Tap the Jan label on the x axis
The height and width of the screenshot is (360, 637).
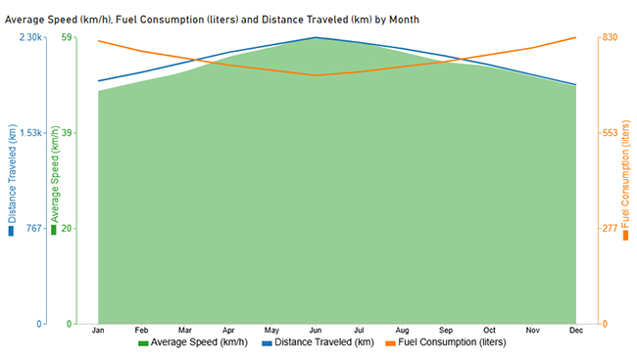(98, 331)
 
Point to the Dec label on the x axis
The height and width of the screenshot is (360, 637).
(576, 331)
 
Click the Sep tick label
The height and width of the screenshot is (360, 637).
(446, 331)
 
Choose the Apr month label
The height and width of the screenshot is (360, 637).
(228, 331)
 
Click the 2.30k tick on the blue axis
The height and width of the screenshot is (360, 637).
(28, 37)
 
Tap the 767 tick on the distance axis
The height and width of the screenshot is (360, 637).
(32, 228)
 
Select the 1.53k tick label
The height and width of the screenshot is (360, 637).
(28, 133)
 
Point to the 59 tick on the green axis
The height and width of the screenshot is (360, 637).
(68, 37)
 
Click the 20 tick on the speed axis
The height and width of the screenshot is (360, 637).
(68, 228)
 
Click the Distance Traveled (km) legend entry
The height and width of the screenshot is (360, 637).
(318, 342)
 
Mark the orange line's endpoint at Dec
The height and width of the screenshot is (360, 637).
(576, 37)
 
